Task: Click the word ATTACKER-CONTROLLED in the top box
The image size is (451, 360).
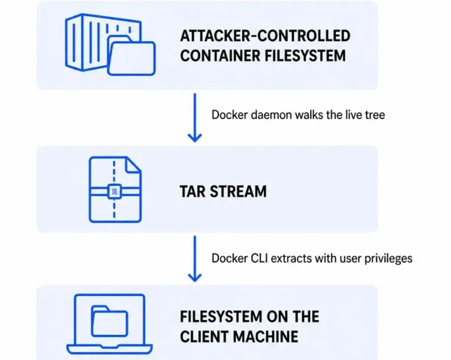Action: pyautogui.click(x=265, y=36)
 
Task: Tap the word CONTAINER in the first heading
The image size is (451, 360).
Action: pyautogui.click(x=220, y=56)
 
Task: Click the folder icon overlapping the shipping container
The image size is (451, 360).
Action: pyautogui.click(x=131, y=56)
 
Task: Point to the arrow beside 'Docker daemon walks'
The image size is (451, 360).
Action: pyautogui.click(x=195, y=117)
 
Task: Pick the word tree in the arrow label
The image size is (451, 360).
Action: pyautogui.click(x=375, y=115)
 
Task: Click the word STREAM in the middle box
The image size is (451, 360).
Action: pyautogui.click(x=238, y=191)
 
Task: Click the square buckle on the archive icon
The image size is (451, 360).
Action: pyautogui.click(x=115, y=191)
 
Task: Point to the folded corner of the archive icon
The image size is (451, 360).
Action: pyautogui.click(x=133, y=165)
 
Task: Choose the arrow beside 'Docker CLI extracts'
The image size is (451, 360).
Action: pyautogui.click(x=195, y=259)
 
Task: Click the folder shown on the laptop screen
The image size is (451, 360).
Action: pyautogui.click(x=110, y=321)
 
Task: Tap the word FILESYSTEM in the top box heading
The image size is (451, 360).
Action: pyautogui.click(x=305, y=56)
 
